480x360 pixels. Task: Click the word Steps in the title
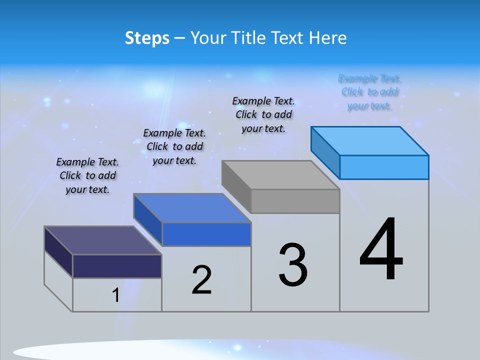point(147,38)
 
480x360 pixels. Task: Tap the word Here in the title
point(328,38)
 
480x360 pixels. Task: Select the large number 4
point(381,250)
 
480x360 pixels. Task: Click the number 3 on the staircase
point(293,265)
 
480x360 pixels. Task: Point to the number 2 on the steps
point(202,280)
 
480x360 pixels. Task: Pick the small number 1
point(116,295)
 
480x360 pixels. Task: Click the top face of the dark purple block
point(103,240)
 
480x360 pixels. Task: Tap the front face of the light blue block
point(384,167)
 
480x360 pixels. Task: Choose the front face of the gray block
point(295,201)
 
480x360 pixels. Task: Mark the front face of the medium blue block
point(206,234)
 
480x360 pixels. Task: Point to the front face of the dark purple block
point(117,266)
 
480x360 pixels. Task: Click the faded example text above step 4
point(369,92)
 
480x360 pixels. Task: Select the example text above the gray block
point(263,114)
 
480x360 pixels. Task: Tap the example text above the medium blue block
point(174,146)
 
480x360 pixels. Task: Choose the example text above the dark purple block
point(87,175)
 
